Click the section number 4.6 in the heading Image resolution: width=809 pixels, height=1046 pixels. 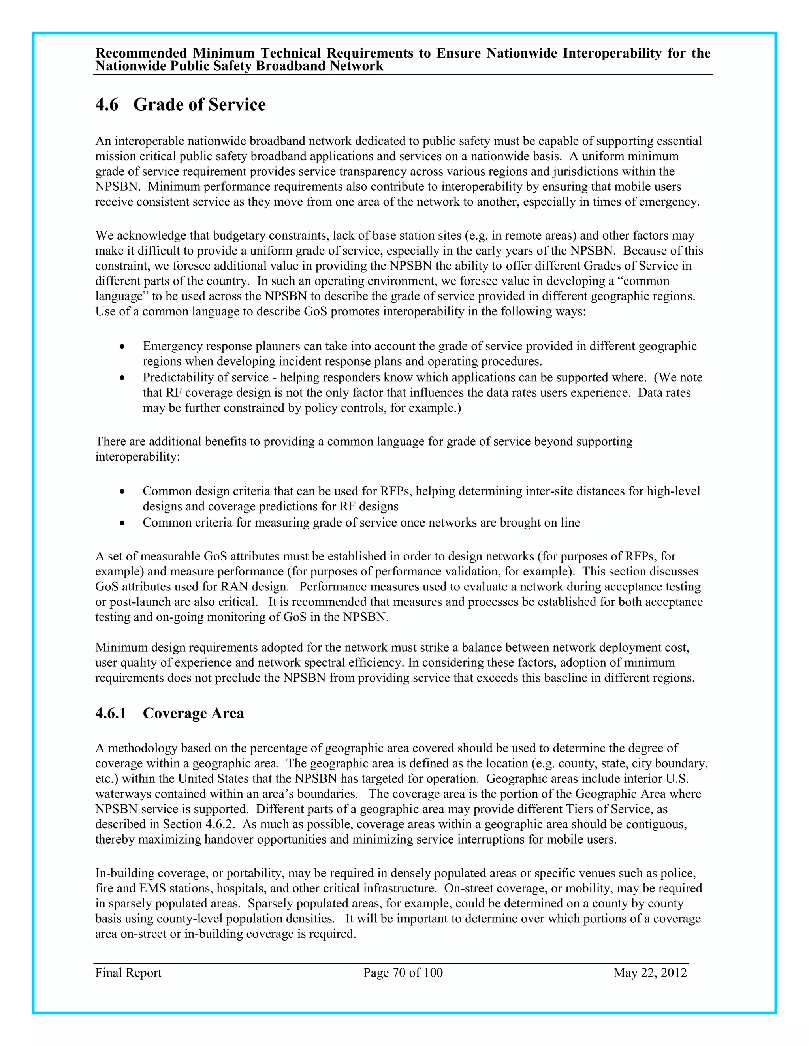coord(106,105)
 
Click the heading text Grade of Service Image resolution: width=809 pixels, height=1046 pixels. coord(199,105)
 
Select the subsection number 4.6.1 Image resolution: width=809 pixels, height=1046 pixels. coord(111,713)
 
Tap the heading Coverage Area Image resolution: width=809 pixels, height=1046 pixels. coord(193,713)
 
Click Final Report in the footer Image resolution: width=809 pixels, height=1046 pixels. coord(128,973)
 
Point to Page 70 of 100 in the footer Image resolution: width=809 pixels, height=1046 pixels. coord(403,973)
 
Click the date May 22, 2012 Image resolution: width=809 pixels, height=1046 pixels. coord(650,973)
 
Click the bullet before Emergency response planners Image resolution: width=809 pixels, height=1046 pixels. coord(123,346)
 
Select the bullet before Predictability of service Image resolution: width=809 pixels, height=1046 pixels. coord(123,378)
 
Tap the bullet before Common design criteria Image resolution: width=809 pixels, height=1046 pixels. coord(123,492)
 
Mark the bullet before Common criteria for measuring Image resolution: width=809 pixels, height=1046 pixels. coord(123,523)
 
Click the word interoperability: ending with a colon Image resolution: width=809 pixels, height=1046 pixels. coord(137,457)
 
